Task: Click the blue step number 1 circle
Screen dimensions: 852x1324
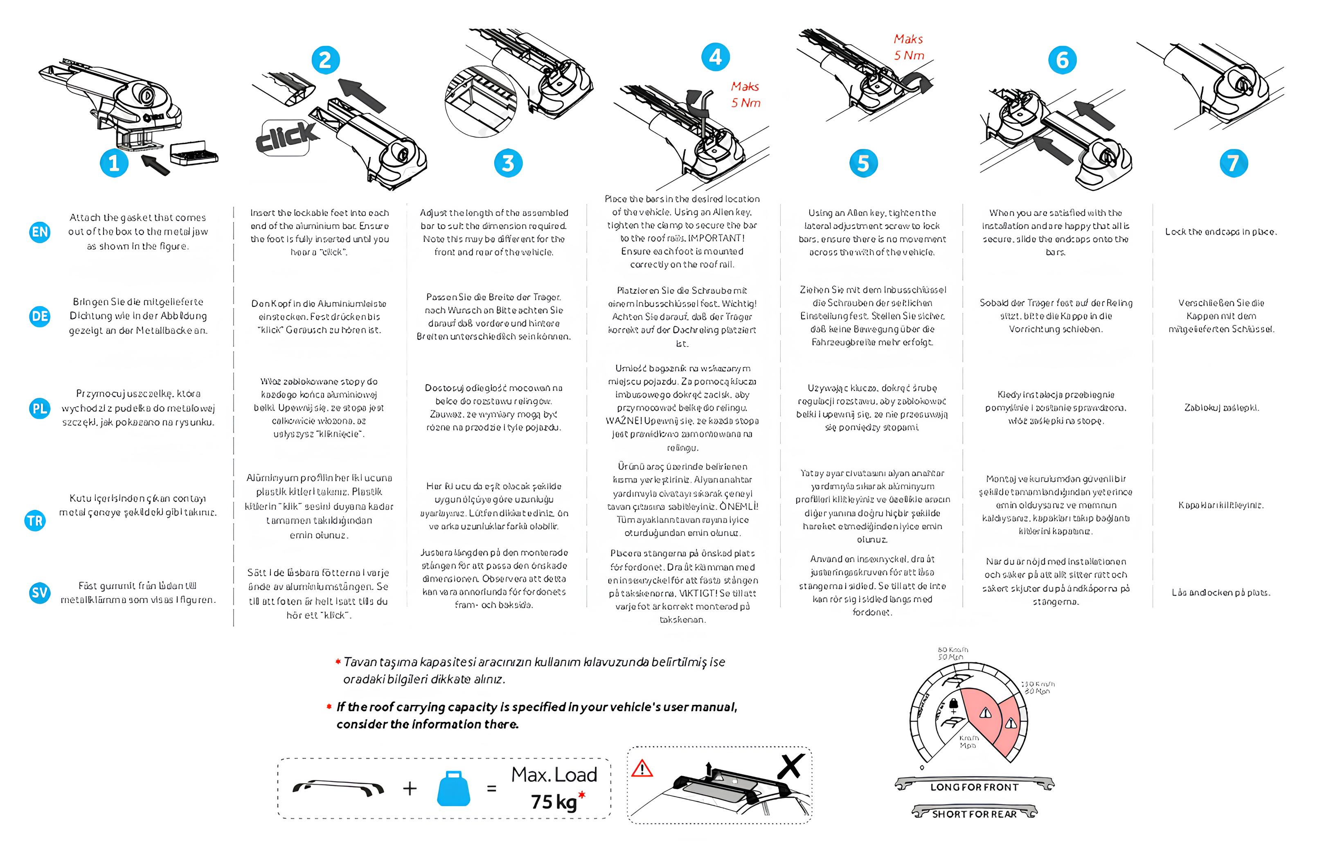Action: (x=114, y=163)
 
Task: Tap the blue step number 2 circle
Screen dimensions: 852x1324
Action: (x=325, y=60)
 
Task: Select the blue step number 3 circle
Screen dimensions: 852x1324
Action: (x=508, y=163)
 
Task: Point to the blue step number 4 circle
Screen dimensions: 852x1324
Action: (x=715, y=57)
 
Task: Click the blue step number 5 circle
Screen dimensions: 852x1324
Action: (x=863, y=163)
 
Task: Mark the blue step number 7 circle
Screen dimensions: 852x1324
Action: (x=1233, y=163)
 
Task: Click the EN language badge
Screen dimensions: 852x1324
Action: (x=40, y=232)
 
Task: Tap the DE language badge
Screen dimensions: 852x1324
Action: (x=40, y=316)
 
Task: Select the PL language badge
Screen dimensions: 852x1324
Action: (x=40, y=409)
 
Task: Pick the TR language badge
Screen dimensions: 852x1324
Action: (x=35, y=521)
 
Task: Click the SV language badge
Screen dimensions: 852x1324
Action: (x=40, y=593)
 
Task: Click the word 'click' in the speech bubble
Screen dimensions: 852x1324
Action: (x=286, y=137)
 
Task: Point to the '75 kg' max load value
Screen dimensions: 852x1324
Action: (x=554, y=802)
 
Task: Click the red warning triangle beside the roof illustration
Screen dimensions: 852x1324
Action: (x=642, y=769)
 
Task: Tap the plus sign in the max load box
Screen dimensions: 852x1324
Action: (x=410, y=789)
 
